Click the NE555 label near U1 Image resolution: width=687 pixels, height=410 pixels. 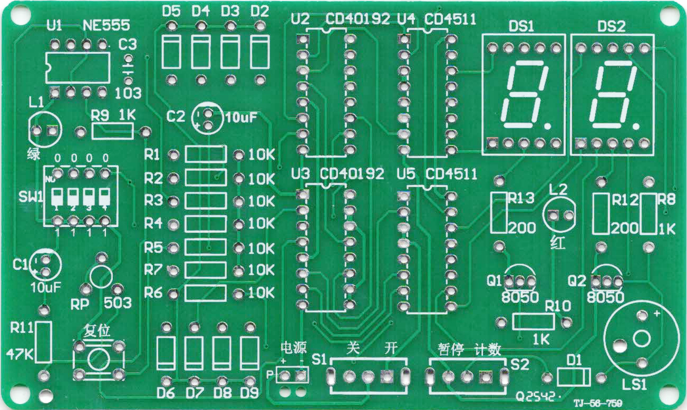(107, 26)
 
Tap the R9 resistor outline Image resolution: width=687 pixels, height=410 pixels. (112, 131)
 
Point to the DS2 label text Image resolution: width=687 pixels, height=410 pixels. (612, 27)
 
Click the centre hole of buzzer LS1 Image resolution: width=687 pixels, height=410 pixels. (642, 338)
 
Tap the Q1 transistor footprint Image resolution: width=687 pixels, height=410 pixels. (520, 280)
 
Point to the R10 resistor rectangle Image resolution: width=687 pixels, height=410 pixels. (534, 321)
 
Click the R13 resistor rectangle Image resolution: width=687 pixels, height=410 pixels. (499, 212)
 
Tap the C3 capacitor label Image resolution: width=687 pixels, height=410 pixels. (127, 44)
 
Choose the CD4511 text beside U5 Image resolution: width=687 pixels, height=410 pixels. (451, 174)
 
